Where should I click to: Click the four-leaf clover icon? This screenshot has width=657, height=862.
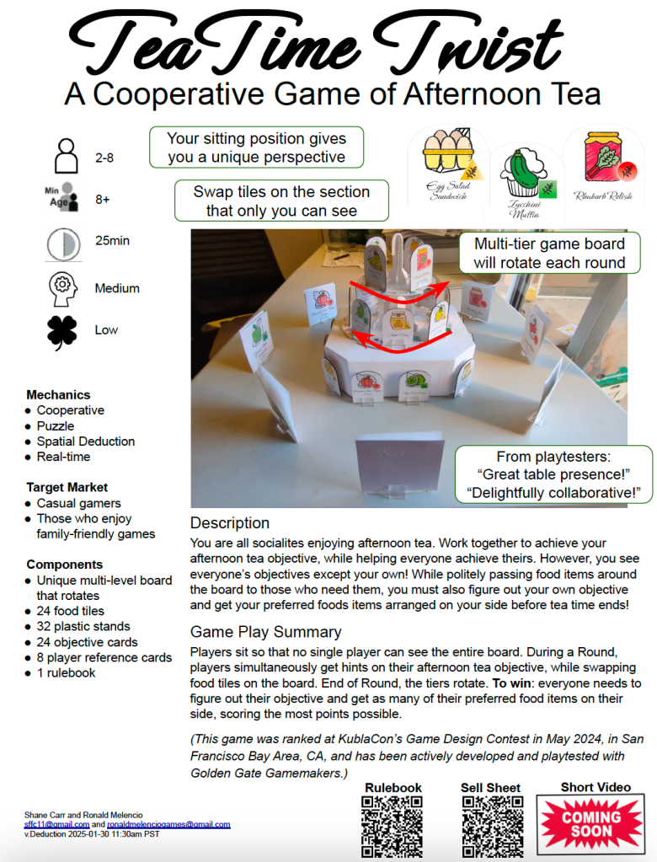(x=62, y=331)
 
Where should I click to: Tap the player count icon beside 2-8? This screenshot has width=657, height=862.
(x=65, y=157)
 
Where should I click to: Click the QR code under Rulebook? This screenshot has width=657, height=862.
(x=393, y=827)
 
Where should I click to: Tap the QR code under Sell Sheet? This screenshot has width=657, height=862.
(x=492, y=827)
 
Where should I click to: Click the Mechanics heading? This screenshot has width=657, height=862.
(x=58, y=394)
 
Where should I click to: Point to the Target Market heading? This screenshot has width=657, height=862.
(x=67, y=487)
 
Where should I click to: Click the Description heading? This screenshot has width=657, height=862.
(x=230, y=523)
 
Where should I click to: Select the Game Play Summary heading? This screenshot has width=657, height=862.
(x=265, y=632)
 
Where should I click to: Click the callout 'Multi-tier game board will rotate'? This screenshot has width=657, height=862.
(x=550, y=253)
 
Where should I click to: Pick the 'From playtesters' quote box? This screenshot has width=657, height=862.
(x=553, y=474)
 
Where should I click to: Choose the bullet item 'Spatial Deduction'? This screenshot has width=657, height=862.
(x=86, y=442)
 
